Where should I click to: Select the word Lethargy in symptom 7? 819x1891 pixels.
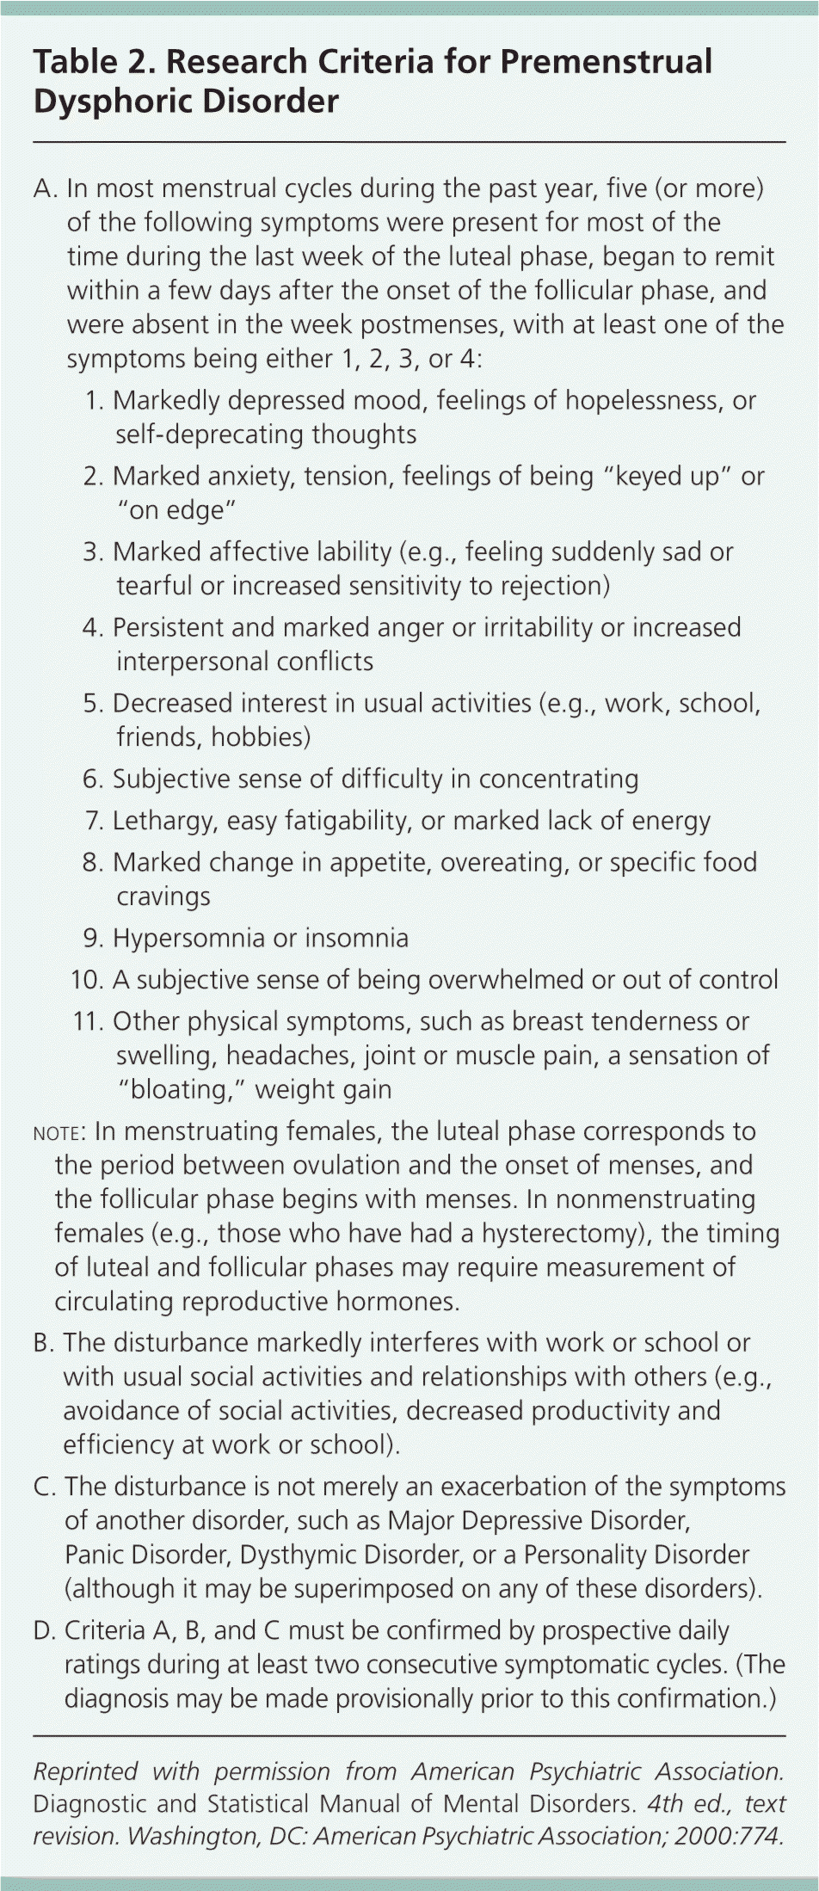(164, 820)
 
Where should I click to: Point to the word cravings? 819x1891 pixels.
(163, 896)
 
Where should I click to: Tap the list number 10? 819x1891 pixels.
(87, 980)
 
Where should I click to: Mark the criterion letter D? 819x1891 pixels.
(44, 1630)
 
